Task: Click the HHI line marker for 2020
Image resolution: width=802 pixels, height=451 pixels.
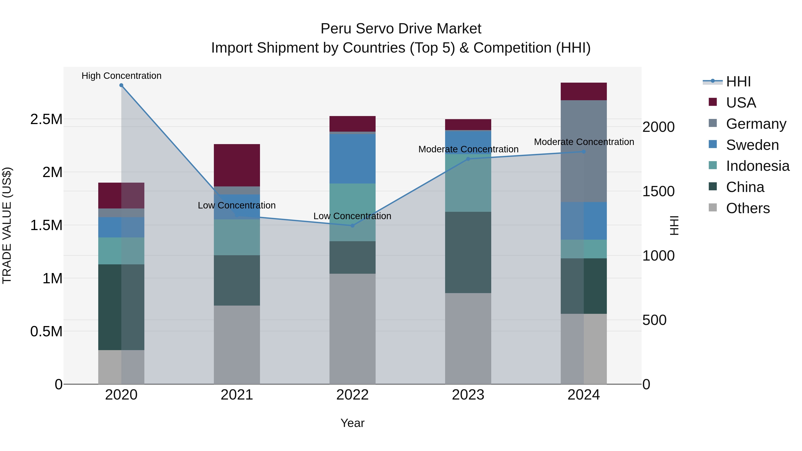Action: point(121,85)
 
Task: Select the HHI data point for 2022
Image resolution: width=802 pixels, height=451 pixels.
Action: point(352,226)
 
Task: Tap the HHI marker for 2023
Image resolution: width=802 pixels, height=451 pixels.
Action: point(468,159)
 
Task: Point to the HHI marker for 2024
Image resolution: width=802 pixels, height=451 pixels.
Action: point(584,152)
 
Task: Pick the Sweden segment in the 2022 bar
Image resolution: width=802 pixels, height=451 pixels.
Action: point(352,159)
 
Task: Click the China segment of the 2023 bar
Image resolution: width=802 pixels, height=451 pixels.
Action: point(468,252)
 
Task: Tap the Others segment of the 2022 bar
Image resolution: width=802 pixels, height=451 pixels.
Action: point(352,328)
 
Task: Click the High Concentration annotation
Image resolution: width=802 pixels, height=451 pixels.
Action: point(121,76)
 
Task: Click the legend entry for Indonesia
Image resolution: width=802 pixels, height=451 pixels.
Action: point(757,166)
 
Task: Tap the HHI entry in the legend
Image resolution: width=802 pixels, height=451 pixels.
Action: point(738,82)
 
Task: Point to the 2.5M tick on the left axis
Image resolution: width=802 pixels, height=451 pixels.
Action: point(46,119)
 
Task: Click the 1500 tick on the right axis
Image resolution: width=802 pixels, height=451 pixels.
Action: point(658,191)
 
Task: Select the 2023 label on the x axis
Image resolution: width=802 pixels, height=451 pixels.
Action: point(468,395)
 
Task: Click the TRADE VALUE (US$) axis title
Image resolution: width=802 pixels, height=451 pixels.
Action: point(7,225)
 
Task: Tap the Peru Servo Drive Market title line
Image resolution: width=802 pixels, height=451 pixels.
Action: point(401,29)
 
